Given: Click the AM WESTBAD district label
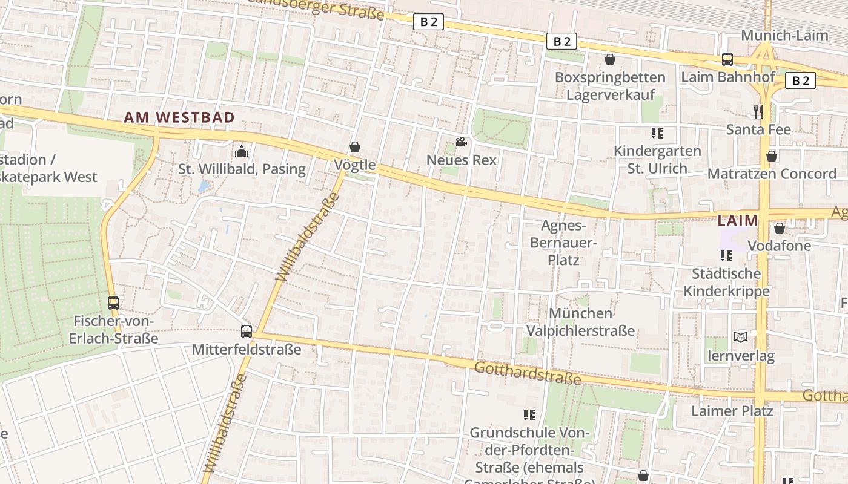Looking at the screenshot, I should [179, 117].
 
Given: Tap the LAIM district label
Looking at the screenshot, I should [738, 221].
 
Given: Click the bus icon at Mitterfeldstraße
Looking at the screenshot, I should [246, 331].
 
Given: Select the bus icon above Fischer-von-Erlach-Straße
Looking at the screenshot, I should [113, 302].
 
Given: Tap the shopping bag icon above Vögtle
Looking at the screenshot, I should [355, 147].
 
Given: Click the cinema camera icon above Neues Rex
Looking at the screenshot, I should [461, 142].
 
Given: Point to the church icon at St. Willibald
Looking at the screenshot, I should [242, 151].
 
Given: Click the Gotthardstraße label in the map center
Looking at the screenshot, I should [528, 373].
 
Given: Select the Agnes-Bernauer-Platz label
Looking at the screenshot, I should [563, 243].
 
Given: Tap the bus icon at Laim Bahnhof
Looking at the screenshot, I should [727, 59].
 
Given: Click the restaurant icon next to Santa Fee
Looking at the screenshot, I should [758, 111].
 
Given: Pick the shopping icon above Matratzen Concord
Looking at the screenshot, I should [772, 156].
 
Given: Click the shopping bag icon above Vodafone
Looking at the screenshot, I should [780, 228].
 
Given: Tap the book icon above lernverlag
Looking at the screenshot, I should [741, 337].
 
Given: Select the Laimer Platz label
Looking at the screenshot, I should [732, 411].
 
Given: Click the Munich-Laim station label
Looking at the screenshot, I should [784, 35].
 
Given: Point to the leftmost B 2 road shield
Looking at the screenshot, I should [429, 22].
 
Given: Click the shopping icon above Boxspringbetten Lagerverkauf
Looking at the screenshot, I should [610, 59].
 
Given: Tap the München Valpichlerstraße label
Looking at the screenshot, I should [580, 322].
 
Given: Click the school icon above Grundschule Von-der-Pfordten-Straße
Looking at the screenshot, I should [529, 415].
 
